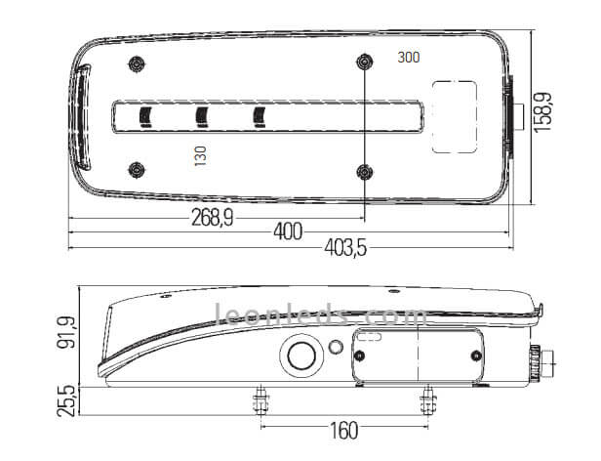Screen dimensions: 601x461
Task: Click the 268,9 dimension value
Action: [x=212, y=218]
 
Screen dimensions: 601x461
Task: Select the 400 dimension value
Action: [x=288, y=231]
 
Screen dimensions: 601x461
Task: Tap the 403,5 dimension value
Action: [x=345, y=247]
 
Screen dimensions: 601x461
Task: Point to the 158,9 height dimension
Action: [x=542, y=112]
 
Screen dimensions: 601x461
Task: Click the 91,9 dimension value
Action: [x=66, y=332]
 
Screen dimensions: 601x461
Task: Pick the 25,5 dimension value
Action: [x=66, y=401]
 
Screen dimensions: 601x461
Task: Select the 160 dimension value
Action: [x=343, y=431]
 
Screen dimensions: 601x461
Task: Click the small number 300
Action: [x=409, y=58]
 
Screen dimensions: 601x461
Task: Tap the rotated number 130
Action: [x=200, y=155]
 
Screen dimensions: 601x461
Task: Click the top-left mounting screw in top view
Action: [x=136, y=63]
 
